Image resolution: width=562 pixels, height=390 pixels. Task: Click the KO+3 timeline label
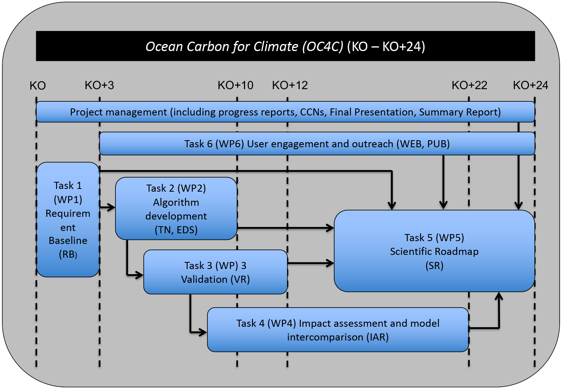[99, 85]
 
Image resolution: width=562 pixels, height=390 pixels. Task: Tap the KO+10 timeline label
[235, 85]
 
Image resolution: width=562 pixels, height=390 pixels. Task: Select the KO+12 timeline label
[290, 85]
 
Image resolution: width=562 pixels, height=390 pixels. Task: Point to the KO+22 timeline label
[469, 85]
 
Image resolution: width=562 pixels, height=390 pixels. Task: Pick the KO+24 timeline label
[531, 85]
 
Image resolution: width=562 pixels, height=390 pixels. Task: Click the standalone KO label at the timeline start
[38, 86]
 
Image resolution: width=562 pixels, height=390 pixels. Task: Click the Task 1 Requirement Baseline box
[68, 220]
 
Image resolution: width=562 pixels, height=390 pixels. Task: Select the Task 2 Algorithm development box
[176, 209]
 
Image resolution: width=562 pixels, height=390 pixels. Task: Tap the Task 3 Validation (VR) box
[215, 272]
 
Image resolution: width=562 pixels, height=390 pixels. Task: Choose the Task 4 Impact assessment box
[338, 330]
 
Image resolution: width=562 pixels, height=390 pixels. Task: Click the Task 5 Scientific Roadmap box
[434, 251]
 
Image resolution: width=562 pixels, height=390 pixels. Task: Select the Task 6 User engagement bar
[317, 144]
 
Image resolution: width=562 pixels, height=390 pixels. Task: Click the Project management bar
[285, 112]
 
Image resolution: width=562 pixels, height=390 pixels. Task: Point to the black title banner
[285, 46]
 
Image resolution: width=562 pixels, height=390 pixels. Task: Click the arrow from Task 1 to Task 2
[107, 207]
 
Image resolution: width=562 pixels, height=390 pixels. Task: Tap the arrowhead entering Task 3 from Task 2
[139, 275]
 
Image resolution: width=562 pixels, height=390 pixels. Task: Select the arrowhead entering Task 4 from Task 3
[203, 332]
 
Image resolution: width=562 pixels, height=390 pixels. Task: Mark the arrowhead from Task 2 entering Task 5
[330, 228]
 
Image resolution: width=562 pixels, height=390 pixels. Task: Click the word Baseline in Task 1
[68, 240]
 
